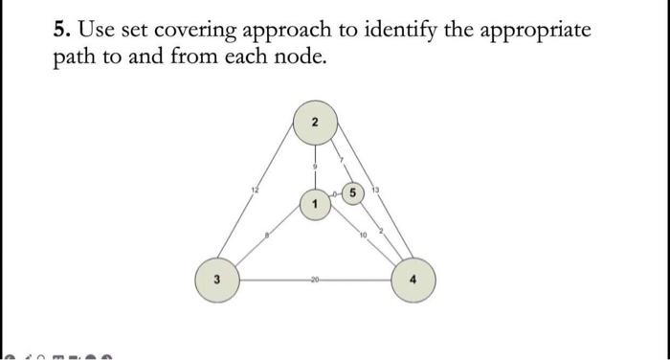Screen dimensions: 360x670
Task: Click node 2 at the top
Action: (x=316, y=124)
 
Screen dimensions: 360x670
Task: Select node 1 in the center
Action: (x=315, y=203)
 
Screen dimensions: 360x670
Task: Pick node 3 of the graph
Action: (x=216, y=280)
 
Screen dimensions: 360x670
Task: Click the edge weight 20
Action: (x=315, y=281)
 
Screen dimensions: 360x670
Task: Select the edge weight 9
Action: (x=315, y=167)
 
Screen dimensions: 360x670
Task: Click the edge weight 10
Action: (x=365, y=236)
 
